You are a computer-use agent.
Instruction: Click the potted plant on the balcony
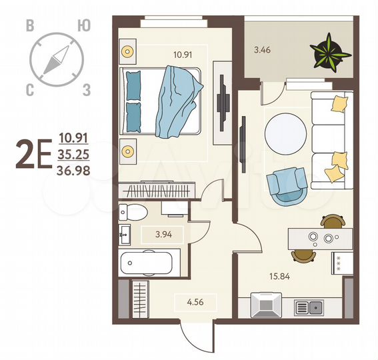pyautogui.click(x=328, y=51)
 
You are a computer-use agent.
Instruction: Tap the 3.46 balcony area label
pyautogui.click(x=263, y=49)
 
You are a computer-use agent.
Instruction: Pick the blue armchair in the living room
pyautogui.click(x=286, y=184)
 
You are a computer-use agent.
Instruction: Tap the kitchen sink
pyautogui.click(x=309, y=307)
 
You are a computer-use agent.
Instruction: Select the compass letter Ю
pyautogui.click(x=83, y=26)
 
